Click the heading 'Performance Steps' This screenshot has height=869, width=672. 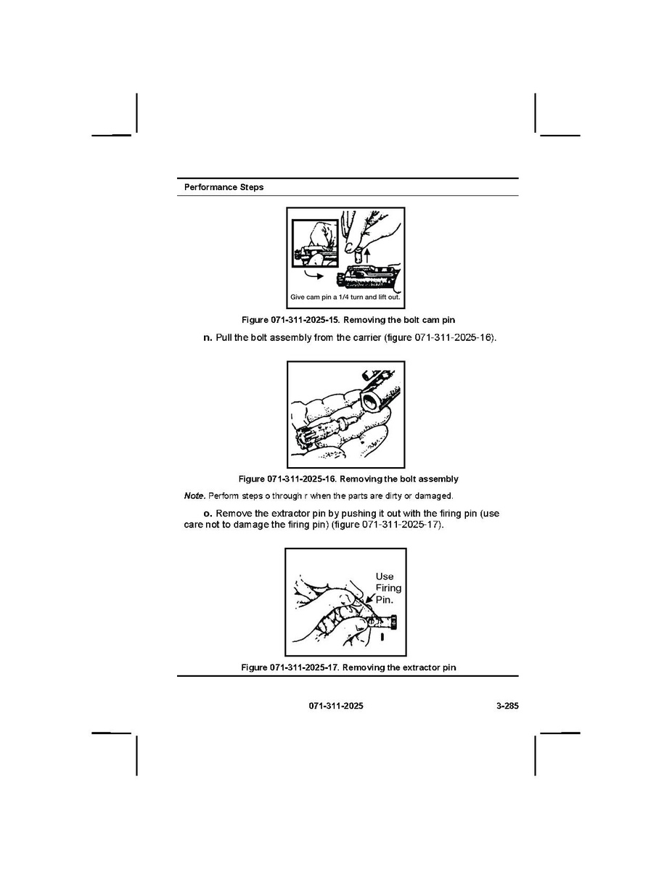[x=224, y=187]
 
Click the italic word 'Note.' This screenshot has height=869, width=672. [x=194, y=496]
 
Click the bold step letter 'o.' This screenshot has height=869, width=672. [x=208, y=514]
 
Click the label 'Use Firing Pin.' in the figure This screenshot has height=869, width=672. [x=388, y=588]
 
